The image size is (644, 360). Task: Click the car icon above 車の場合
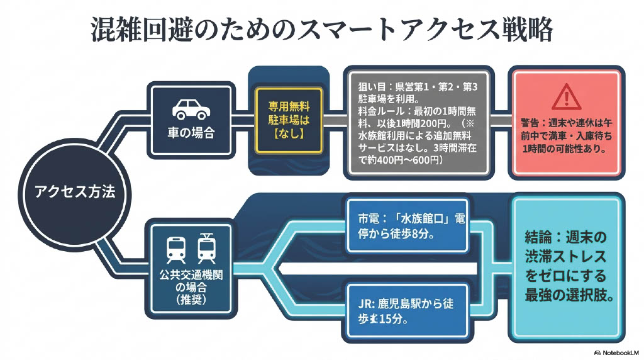pos(191,109)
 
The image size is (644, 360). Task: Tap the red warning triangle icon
pos(569,97)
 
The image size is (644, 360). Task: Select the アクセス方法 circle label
pos(75,192)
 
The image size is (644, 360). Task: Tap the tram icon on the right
pos(206,248)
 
